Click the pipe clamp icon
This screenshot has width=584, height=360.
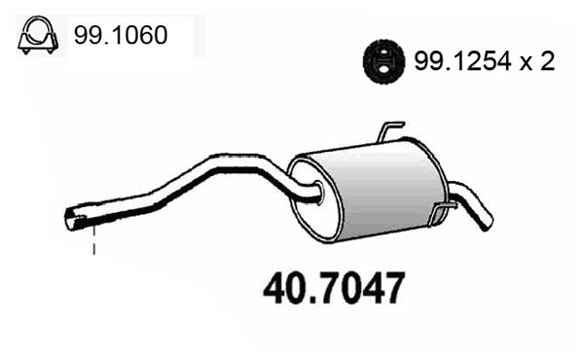pyautogui.click(x=36, y=36)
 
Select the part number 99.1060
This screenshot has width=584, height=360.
pyautogui.click(x=120, y=36)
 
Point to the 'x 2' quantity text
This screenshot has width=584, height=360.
pyautogui.click(x=539, y=63)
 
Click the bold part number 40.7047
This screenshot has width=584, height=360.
pyautogui.click(x=331, y=289)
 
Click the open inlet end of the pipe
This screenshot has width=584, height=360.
pyautogui.click(x=73, y=220)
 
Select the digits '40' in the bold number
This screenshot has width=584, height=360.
pyautogui.click(x=282, y=289)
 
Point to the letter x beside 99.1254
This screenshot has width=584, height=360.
pyautogui.click(x=527, y=64)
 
